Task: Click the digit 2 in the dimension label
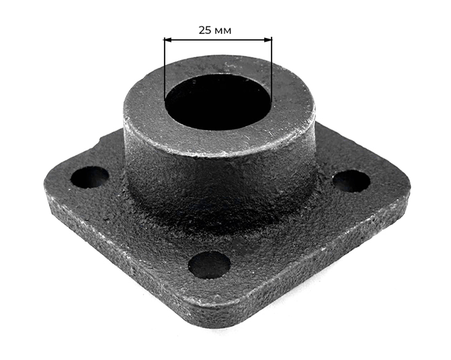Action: tap(202, 30)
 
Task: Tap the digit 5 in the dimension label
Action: tap(208, 30)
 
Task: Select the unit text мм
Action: tap(223, 31)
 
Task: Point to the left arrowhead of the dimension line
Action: tap(167, 40)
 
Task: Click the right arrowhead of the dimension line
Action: tap(268, 40)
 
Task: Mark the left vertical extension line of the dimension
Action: tap(164, 69)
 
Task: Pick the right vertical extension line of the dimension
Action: tap(271, 69)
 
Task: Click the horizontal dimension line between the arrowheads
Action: tap(218, 40)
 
